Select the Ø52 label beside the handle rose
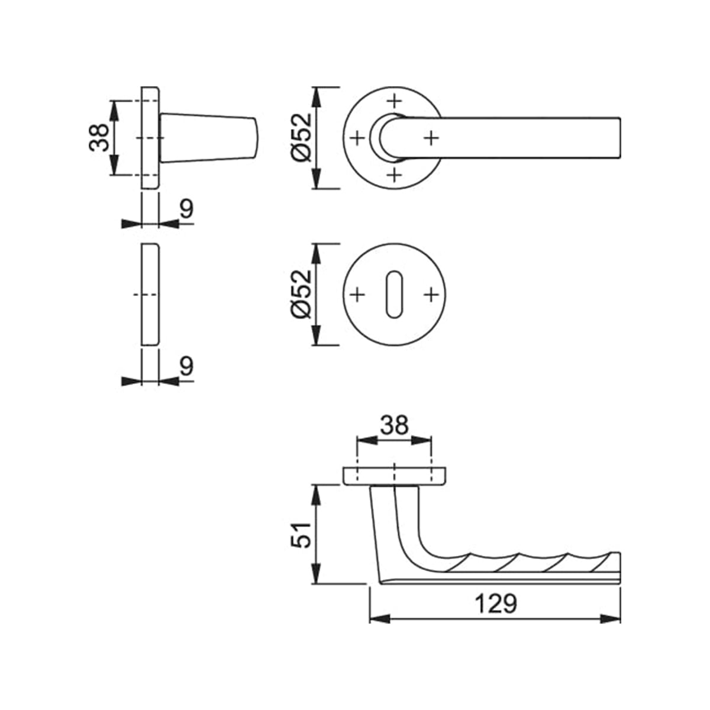click(301, 137)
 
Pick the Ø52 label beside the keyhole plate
click(301, 294)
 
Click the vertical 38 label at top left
click(99, 137)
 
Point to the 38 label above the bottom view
click(394, 425)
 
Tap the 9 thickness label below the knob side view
click(187, 209)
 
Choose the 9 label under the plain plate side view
click(187, 366)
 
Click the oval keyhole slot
click(394, 295)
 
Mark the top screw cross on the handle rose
click(395, 100)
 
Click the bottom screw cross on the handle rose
click(395, 175)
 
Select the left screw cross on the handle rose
click(357, 138)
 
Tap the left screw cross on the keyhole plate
click(357, 295)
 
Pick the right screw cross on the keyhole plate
click(431, 295)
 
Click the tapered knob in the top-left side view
click(209, 137)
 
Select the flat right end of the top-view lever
click(620, 138)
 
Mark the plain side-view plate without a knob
click(150, 295)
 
